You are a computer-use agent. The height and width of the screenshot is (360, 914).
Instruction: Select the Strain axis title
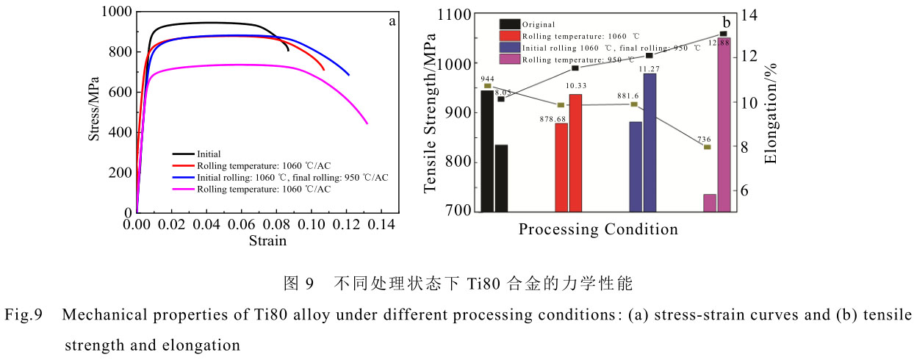click(267, 240)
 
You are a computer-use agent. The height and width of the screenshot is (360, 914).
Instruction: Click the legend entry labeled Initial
click(209, 154)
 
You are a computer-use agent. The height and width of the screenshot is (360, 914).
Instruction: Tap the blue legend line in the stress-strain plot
click(183, 178)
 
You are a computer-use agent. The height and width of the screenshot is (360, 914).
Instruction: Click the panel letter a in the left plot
click(392, 21)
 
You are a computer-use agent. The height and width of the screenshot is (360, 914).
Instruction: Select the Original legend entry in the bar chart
click(539, 24)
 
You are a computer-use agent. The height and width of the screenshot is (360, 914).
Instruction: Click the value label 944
click(487, 78)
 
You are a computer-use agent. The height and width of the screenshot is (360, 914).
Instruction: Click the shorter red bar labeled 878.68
click(561, 168)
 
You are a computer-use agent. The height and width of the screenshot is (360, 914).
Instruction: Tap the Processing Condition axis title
click(598, 229)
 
